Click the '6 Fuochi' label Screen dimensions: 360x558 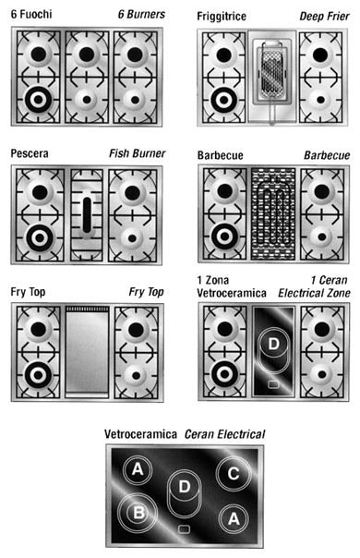pos(31,14)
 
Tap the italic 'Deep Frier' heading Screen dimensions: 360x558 pos(324,17)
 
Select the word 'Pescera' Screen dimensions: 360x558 pos(30,153)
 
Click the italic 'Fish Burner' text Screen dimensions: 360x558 pos(138,153)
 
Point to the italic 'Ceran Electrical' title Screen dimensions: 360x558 pos(225,434)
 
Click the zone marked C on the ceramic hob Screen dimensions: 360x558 pos(234,474)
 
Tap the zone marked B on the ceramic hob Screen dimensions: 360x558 pos(138,513)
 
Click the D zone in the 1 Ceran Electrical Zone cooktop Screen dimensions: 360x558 pos(273,350)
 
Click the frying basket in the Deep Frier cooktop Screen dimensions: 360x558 pos(272,71)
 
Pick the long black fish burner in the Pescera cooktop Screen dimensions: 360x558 pos(87,215)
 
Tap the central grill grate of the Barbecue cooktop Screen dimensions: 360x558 pos(273,214)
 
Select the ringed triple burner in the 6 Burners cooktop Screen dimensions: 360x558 pos(39,100)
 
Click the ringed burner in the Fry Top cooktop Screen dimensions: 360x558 pos(39,375)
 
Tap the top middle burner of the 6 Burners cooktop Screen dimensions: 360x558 pos(87,55)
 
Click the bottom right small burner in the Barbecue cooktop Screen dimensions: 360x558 pos(322,237)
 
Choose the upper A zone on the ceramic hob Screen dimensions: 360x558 pos(138,469)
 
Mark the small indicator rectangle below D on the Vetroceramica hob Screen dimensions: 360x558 pos(184,529)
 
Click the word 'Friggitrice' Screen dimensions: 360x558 pos(222,17)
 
